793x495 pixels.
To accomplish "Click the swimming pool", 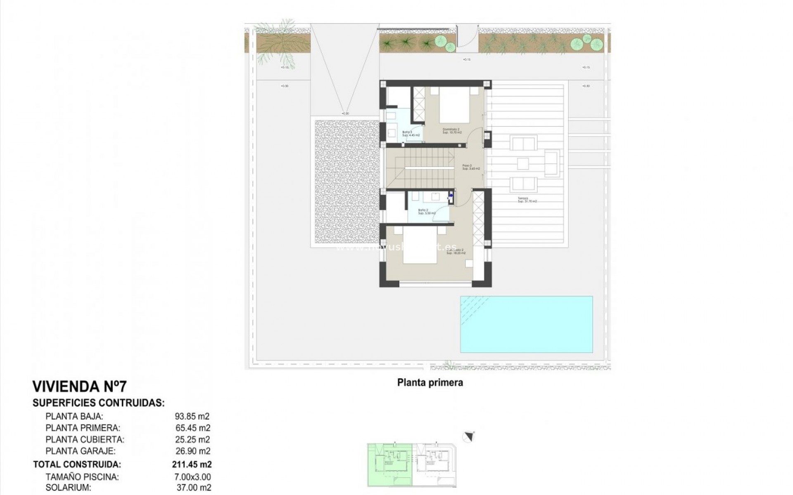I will pyautogui.click(x=526, y=324).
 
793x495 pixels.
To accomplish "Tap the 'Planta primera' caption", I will pyautogui.click(x=430, y=382).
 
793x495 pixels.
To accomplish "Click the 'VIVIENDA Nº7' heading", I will pyautogui.click(x=80, y=387).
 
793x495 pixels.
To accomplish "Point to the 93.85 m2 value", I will pyautogui.click(x=192, y=416).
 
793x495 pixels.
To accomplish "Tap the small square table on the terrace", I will pyautogui.click(x=523, y=164).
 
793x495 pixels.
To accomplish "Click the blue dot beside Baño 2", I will pyautogui.click(x=451, y=196).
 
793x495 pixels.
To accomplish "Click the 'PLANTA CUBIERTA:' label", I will pyautogui.click(x=85, y=439).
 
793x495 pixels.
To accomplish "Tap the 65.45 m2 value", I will pyautogui.click(x=192, y=428).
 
